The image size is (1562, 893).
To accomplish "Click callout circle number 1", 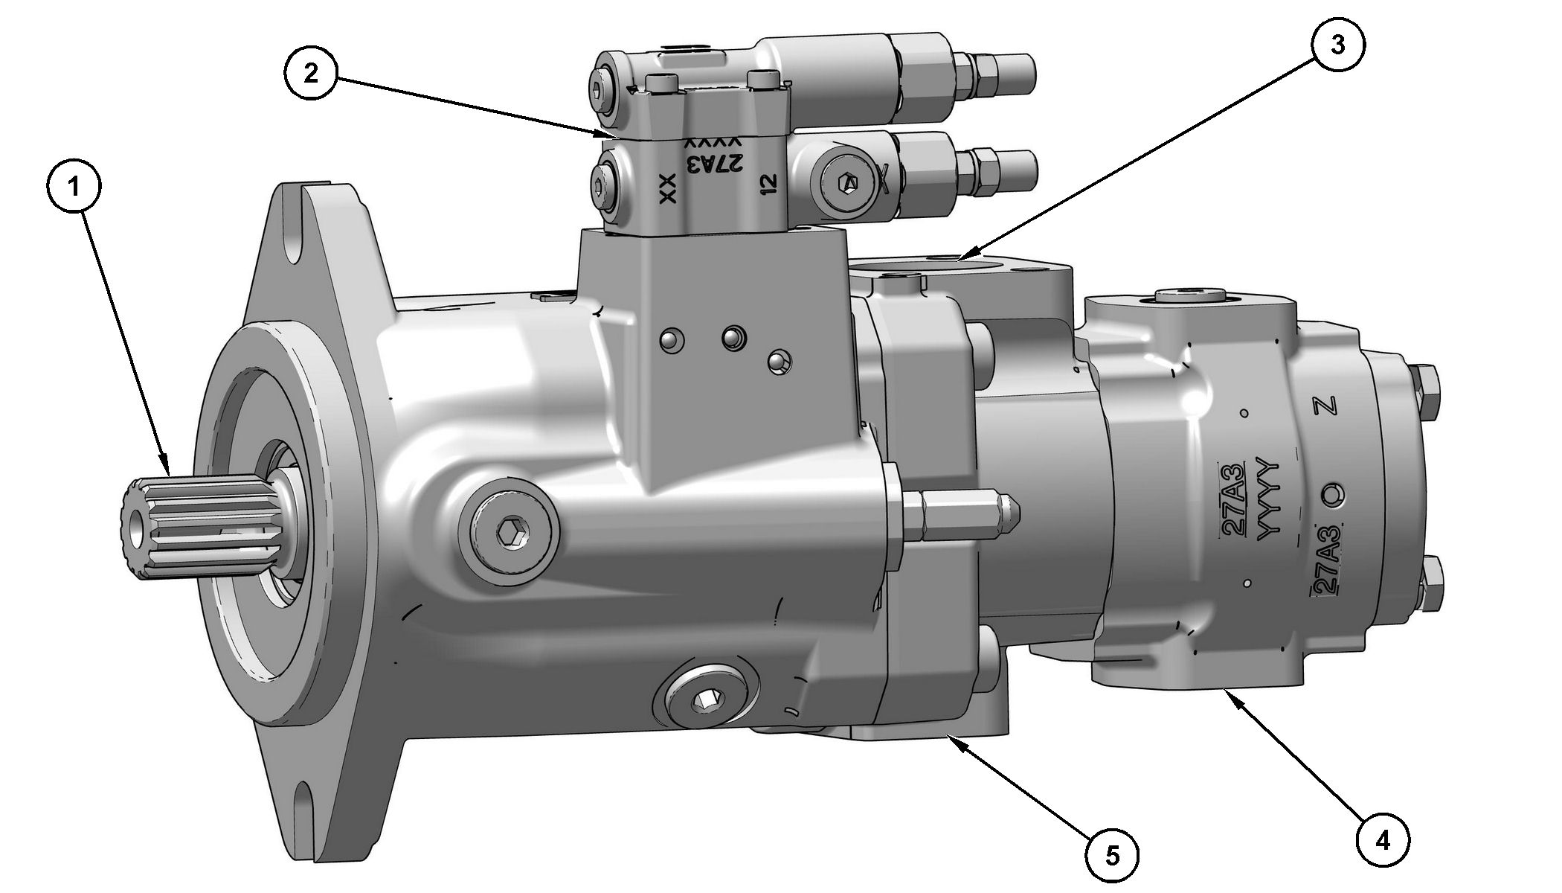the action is [x=74, y=188].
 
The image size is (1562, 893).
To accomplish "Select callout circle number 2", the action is [x=312, y=73].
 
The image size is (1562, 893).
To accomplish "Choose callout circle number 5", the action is [x=1112, y=857].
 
